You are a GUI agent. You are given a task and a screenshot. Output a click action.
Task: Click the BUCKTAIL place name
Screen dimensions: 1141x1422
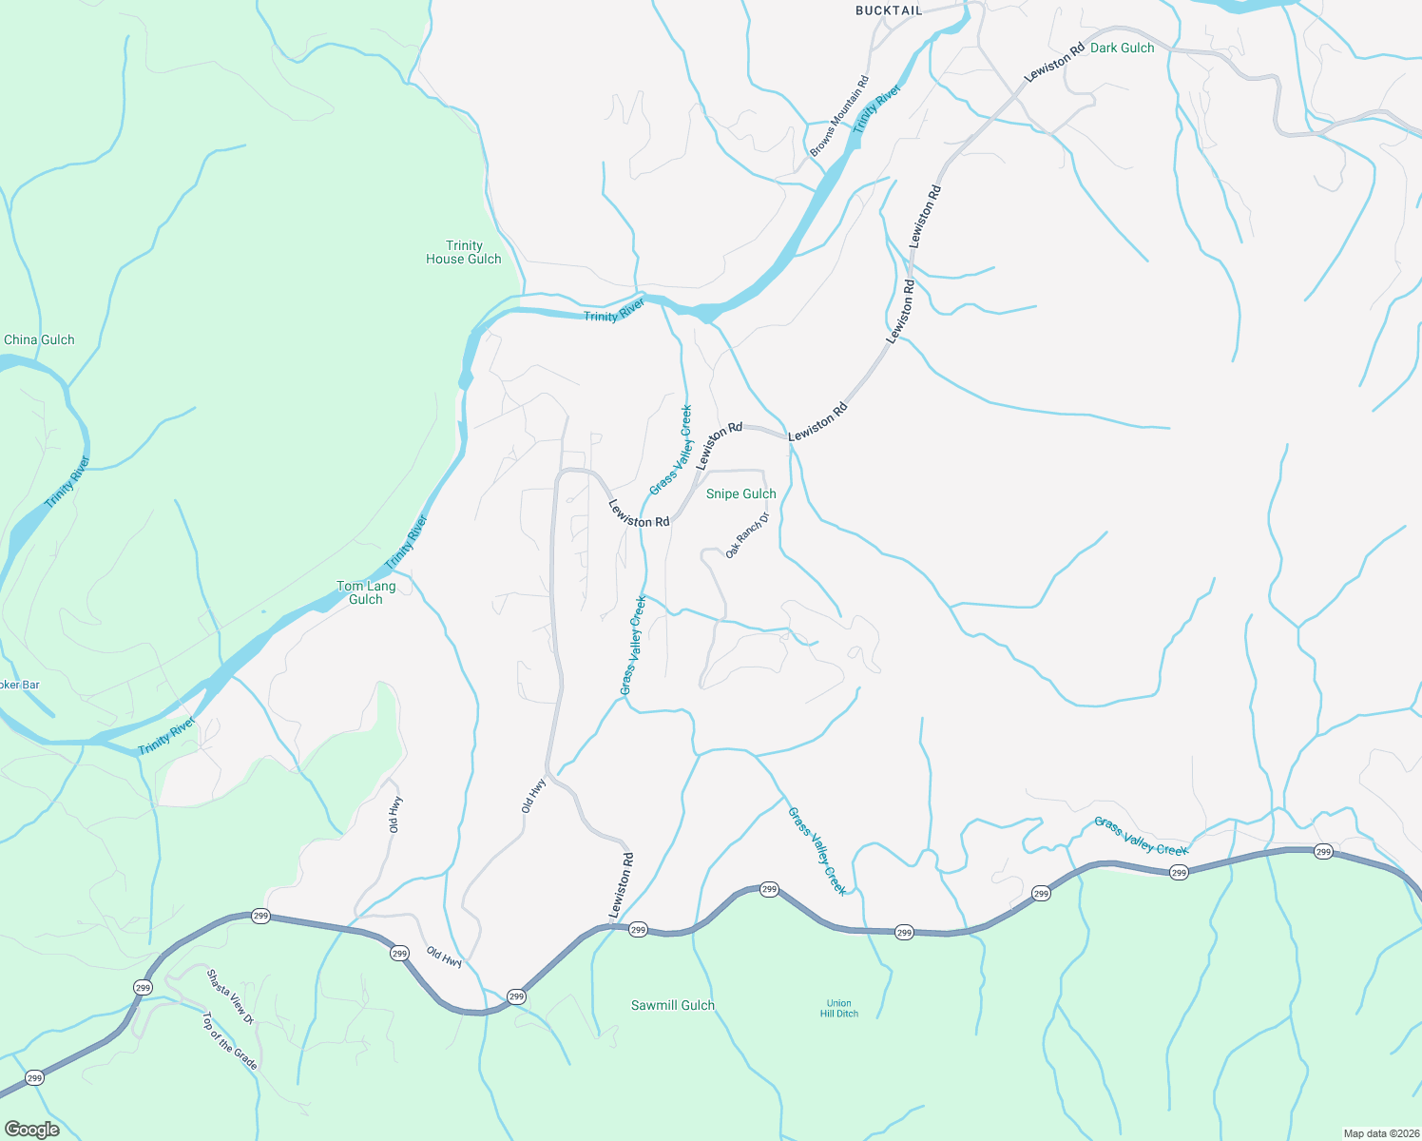(889, 10)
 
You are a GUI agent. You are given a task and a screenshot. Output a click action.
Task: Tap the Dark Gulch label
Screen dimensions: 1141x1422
(1122, 48)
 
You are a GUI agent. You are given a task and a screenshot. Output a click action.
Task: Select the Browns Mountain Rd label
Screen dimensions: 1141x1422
(839, 116)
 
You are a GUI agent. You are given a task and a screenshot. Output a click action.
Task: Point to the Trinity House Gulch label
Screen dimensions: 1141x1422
(464, 252)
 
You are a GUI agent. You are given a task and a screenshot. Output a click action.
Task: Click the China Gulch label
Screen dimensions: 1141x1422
(39, 339)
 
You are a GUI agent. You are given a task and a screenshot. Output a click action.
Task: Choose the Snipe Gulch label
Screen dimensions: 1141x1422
(740, 493)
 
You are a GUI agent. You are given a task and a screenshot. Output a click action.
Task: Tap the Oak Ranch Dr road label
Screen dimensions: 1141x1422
(746, 536)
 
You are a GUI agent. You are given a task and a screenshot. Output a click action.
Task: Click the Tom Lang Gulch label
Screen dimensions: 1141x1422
(366, 592)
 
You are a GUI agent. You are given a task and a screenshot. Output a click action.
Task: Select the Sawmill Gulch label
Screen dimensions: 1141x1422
(672, 1005)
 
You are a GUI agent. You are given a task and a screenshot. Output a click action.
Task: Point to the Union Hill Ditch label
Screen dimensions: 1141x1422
(839, 1008)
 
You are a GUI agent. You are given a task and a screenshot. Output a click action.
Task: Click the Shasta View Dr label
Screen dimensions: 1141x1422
(230, 996)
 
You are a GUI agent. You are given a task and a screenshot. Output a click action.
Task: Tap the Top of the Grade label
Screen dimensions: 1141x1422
(229, 1040)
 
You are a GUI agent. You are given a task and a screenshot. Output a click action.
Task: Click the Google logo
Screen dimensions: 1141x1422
(32, 1130)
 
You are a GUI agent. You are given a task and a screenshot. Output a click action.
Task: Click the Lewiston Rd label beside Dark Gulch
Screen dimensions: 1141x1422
(1053, 63)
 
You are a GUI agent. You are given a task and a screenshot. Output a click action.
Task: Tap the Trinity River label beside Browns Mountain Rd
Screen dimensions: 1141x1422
(875, 109)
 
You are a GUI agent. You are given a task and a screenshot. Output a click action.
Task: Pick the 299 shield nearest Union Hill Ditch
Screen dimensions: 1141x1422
(904, 933)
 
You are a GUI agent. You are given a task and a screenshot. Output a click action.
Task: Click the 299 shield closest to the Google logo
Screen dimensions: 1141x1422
(35, 1078)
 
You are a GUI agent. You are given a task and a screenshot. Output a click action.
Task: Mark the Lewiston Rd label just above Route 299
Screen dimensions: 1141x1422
(622, 885)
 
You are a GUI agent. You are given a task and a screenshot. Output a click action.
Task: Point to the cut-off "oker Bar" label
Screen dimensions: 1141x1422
(20, 685)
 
